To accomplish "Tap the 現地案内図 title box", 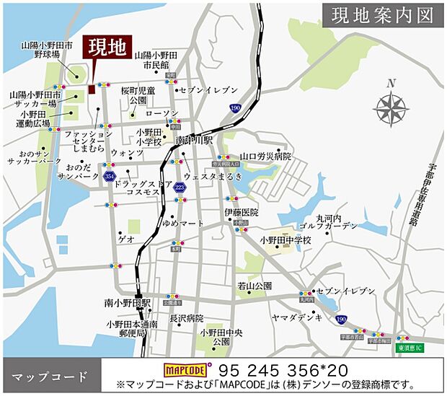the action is pos(383,16).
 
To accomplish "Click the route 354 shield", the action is pos(110,176).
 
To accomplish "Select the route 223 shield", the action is pos(179,188).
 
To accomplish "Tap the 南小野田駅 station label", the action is pos(126,302).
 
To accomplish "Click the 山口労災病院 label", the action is pos(265,156).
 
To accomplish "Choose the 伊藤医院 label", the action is pos(241,212).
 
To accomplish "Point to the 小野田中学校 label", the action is pos(286,240).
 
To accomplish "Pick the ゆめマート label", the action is pos(183,224).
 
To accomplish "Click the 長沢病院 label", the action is pos(187,318).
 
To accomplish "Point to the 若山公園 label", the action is pos(255,286).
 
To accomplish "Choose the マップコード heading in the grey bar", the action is pos(50,377).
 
